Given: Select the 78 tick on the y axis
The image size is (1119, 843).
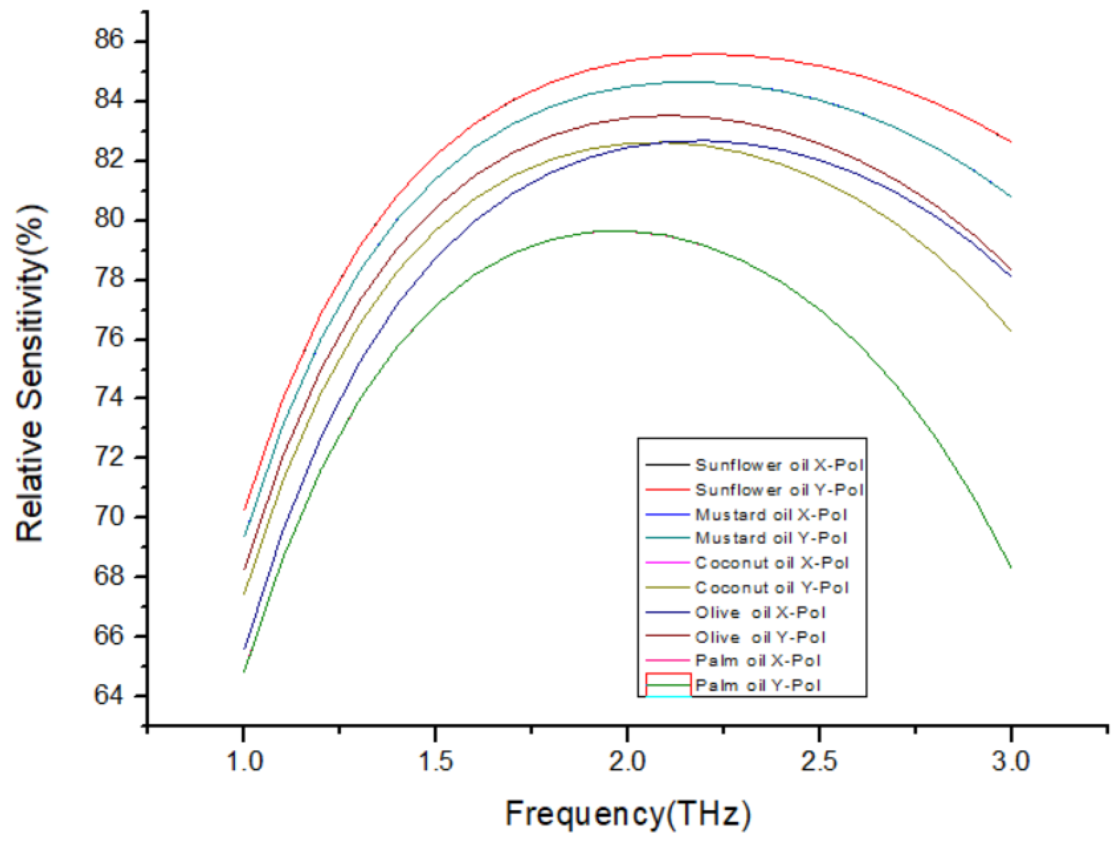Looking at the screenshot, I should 109,279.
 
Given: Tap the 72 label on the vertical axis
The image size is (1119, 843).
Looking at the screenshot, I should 109,457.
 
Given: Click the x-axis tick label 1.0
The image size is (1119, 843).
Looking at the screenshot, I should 244,760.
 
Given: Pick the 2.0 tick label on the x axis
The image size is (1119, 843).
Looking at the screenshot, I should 627,760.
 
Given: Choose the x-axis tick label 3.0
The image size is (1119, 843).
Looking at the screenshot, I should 1010,760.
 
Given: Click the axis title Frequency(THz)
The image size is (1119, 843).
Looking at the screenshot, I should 628,813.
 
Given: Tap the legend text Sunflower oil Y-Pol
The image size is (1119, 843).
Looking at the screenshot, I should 779,490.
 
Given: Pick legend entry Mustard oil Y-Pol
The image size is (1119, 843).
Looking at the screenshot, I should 771,538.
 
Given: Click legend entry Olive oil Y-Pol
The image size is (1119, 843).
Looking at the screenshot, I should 760,637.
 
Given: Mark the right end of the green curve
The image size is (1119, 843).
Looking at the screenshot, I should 1010,568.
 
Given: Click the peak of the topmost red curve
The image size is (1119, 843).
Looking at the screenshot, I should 703,53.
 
